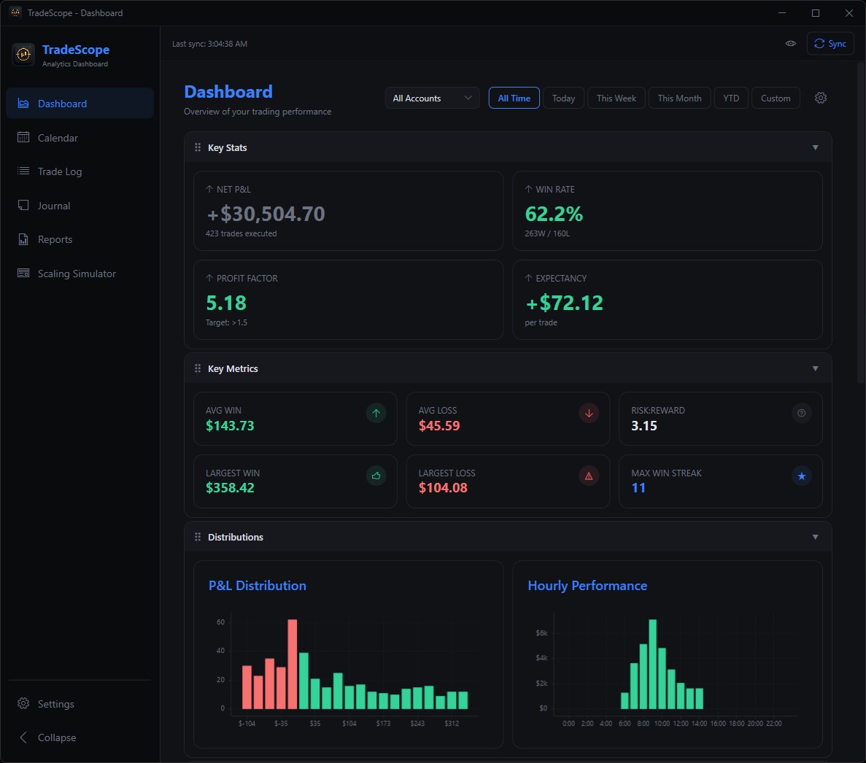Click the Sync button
click(830, 44)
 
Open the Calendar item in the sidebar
click(58, 138)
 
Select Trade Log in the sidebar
click(59, 171)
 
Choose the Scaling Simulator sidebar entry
click(77, 274)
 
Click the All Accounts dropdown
click(432, 98)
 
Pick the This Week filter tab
click(616, 98)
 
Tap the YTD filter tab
click(731, 98)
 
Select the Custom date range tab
click(775, 98)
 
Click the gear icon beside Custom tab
click(821, 98)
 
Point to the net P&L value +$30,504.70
click(266, 214)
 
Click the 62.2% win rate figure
click(554, 214)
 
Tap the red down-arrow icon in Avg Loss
click(589, 413)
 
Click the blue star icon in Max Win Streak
click(801, 476)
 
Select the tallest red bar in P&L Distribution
click(293, 664)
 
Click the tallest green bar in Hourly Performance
click(652, 664)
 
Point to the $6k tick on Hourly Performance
click(541, 632)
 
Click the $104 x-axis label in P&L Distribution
click(349, 724)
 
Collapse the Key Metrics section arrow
click(815, 368)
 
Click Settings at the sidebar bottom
click(55, 704)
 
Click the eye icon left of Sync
click(790, 44)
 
